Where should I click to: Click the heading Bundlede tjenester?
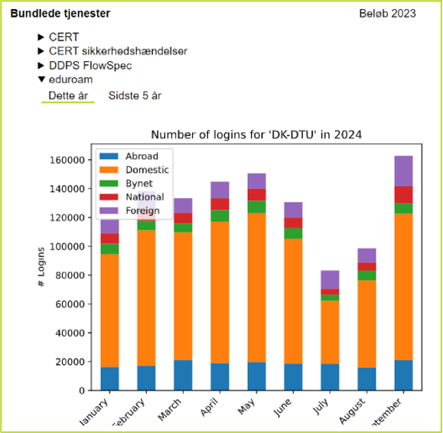[60, 14]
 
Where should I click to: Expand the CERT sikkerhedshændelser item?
[118, 50]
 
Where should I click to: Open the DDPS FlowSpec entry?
[90, 65]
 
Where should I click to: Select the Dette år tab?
[68, 96]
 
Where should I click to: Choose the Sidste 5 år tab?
[135, 96]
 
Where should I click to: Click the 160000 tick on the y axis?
[67, 160]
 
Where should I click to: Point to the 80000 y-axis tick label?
[69, 275]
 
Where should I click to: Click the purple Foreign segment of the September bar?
[402, 171]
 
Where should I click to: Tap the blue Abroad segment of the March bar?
[183, 375]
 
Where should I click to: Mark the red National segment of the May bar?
[256, 194]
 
